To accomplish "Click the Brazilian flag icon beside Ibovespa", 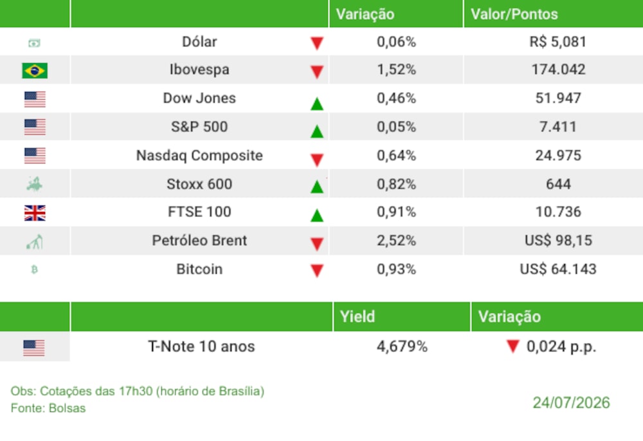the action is coord(35,70).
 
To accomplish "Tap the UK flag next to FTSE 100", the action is coord(35,212).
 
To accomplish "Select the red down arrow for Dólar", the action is coord(317,43).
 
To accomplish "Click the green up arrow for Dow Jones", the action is coord(317,104).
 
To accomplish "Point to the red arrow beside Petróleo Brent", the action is coord(317,244).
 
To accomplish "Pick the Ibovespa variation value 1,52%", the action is coord(396,70).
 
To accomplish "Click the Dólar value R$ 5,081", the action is coord(557,42).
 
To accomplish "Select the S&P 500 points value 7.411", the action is coord(557,127).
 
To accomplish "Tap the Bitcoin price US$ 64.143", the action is coord(557,269).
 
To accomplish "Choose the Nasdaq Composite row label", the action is coord(199,156).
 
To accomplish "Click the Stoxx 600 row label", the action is coord(199,184).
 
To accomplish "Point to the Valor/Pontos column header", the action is coord(514,14).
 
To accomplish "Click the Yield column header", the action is coord(357,317).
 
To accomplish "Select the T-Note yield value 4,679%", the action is coord(402,346).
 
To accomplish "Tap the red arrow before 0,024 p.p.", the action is coord(513,346).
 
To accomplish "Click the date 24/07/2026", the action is coord(571,403).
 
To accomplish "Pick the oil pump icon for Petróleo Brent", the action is coord(35,242).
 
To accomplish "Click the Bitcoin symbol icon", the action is coord(35,269).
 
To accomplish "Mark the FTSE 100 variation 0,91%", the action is coord(396,212).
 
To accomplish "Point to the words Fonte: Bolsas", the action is coord(48,408).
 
